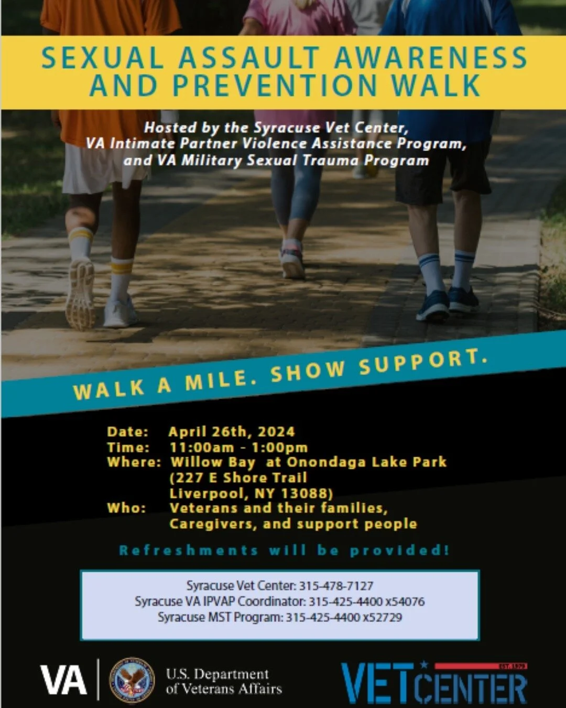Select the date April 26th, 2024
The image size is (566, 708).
click(x=232, y=432)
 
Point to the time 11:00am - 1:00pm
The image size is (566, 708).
click(x=238, y=447)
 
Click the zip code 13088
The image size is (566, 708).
click(x=307, y=494)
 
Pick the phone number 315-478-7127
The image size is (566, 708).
click(x=336, y=585)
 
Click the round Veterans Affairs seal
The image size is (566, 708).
click(x=132, y=681)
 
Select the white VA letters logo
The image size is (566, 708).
click(x=63, y=681)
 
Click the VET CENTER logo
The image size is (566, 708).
click(x=434, y=683)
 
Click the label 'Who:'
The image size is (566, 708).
click(x=126, y=508)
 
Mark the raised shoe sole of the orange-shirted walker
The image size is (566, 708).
click(x=80, y=295)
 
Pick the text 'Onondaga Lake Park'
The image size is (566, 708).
click(x=366, y=462)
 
